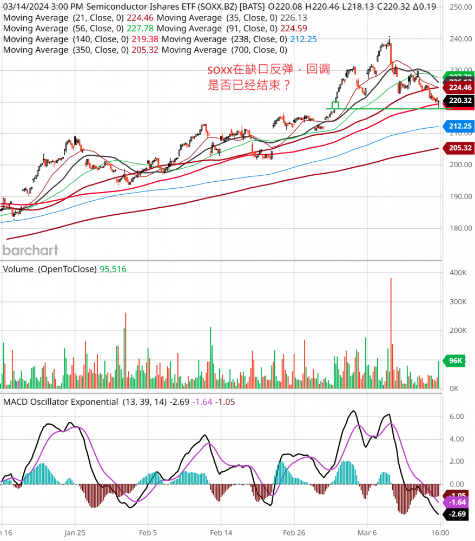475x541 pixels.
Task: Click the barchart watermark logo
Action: coord(30,250)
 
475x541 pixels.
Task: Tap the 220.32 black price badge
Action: coord(458,100)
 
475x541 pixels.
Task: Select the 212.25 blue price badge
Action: coord(458,126)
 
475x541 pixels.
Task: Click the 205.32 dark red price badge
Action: coord(458,147)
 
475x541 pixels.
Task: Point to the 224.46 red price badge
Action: coord(458,87)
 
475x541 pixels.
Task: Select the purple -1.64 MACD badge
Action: coord(456,504)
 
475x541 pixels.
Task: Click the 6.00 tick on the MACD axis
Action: coord(457,417)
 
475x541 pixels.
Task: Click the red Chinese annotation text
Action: coord(268,77)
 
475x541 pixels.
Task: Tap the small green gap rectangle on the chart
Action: coord(335,105)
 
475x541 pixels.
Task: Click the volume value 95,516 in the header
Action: coord(113,269)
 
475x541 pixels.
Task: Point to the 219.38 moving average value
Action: coord(144,39)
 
